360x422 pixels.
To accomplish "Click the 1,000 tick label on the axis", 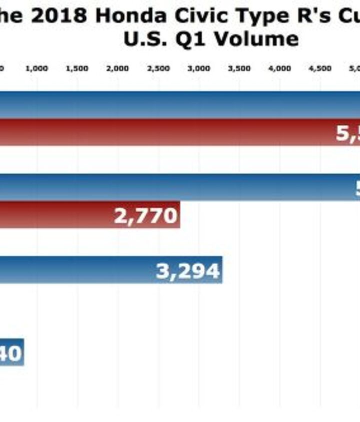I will (37, 69).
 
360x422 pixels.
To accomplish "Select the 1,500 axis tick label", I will (77, 69).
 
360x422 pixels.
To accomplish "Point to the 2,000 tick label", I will (118, 69).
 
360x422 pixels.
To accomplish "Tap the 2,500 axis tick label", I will (158, 69).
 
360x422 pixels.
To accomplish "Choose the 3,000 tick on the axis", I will (199, 69).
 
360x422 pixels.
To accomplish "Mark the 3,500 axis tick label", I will (239, 69).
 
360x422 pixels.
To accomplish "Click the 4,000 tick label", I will (280, 69).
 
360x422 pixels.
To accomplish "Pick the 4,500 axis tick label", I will (320, 69).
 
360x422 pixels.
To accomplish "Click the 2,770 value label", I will (145, 216).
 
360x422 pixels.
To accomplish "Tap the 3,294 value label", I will (187, 271).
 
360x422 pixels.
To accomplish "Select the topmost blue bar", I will (180, 104).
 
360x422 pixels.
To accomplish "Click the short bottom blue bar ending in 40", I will (11, 353).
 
